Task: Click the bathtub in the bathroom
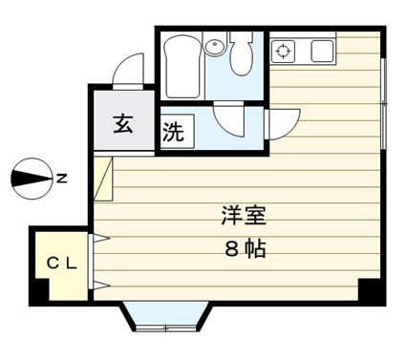pos(183,65)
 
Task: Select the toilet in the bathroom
pos(241,53)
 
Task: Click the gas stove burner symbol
pos(283,52)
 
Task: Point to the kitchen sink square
pos(322,52)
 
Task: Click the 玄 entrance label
pos(123,125)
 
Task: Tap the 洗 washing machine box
pos(177,131)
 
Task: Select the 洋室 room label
pos(244,216)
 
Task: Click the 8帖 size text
pos(246,248)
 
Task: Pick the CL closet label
pos(62,264)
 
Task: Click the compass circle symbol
pos(32,179)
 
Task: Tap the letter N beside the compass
pos(61,179)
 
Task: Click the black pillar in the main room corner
pos(372,291)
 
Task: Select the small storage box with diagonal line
pos(103,179)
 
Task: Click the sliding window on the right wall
pos(384,104)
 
